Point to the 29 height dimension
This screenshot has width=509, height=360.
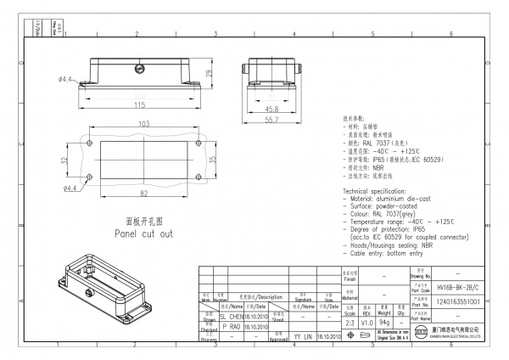210,74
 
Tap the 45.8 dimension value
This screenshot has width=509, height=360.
271,110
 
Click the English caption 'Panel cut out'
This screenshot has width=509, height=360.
143,232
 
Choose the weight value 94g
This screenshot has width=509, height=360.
384,323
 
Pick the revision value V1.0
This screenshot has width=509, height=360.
366,323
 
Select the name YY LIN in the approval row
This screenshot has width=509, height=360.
303,336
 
